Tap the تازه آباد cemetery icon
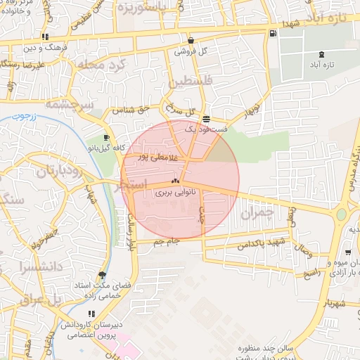[x=322, y=54]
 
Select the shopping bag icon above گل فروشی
[x=191, y=41]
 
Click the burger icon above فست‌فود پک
[x=205, y=119]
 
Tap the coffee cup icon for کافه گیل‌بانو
[x=106, y=138]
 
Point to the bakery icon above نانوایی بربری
[x=175, y=181]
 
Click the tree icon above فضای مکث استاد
[x=103, y=275]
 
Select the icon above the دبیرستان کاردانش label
[x=91, y=314]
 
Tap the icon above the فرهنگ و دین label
[x=46, y=37]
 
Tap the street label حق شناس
[x=134, y=110]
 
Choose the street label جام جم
[x=166, y=242]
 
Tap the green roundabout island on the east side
[x=342, y=214]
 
